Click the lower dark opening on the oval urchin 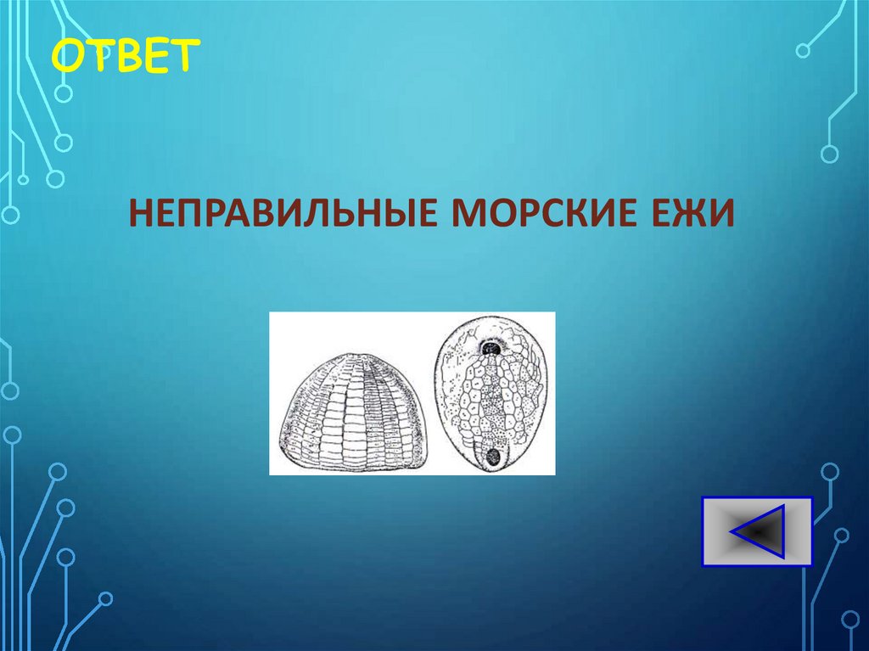coord(491,455)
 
